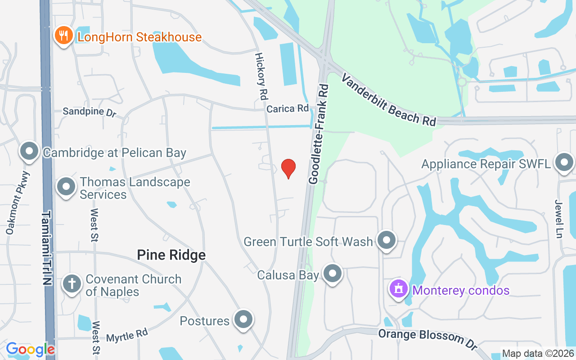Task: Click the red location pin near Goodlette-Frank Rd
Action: [288, 168]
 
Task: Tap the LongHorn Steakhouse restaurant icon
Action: [64, 36]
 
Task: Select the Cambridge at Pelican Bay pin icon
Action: [30, 152]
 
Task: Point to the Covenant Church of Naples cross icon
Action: [71, 284]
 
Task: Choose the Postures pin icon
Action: [243, 319]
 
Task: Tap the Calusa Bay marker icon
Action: [333, 274]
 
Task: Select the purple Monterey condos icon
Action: [399, 289]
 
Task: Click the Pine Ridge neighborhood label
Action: [171, 255]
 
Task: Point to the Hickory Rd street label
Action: [261, 76]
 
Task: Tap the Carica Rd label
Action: [288, 108]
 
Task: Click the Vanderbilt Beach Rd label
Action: [389, 99]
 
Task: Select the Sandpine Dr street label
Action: [89, 112]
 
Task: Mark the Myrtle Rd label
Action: [127, 335]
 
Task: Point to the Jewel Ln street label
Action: [559, 219]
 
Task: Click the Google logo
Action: [30, 349]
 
